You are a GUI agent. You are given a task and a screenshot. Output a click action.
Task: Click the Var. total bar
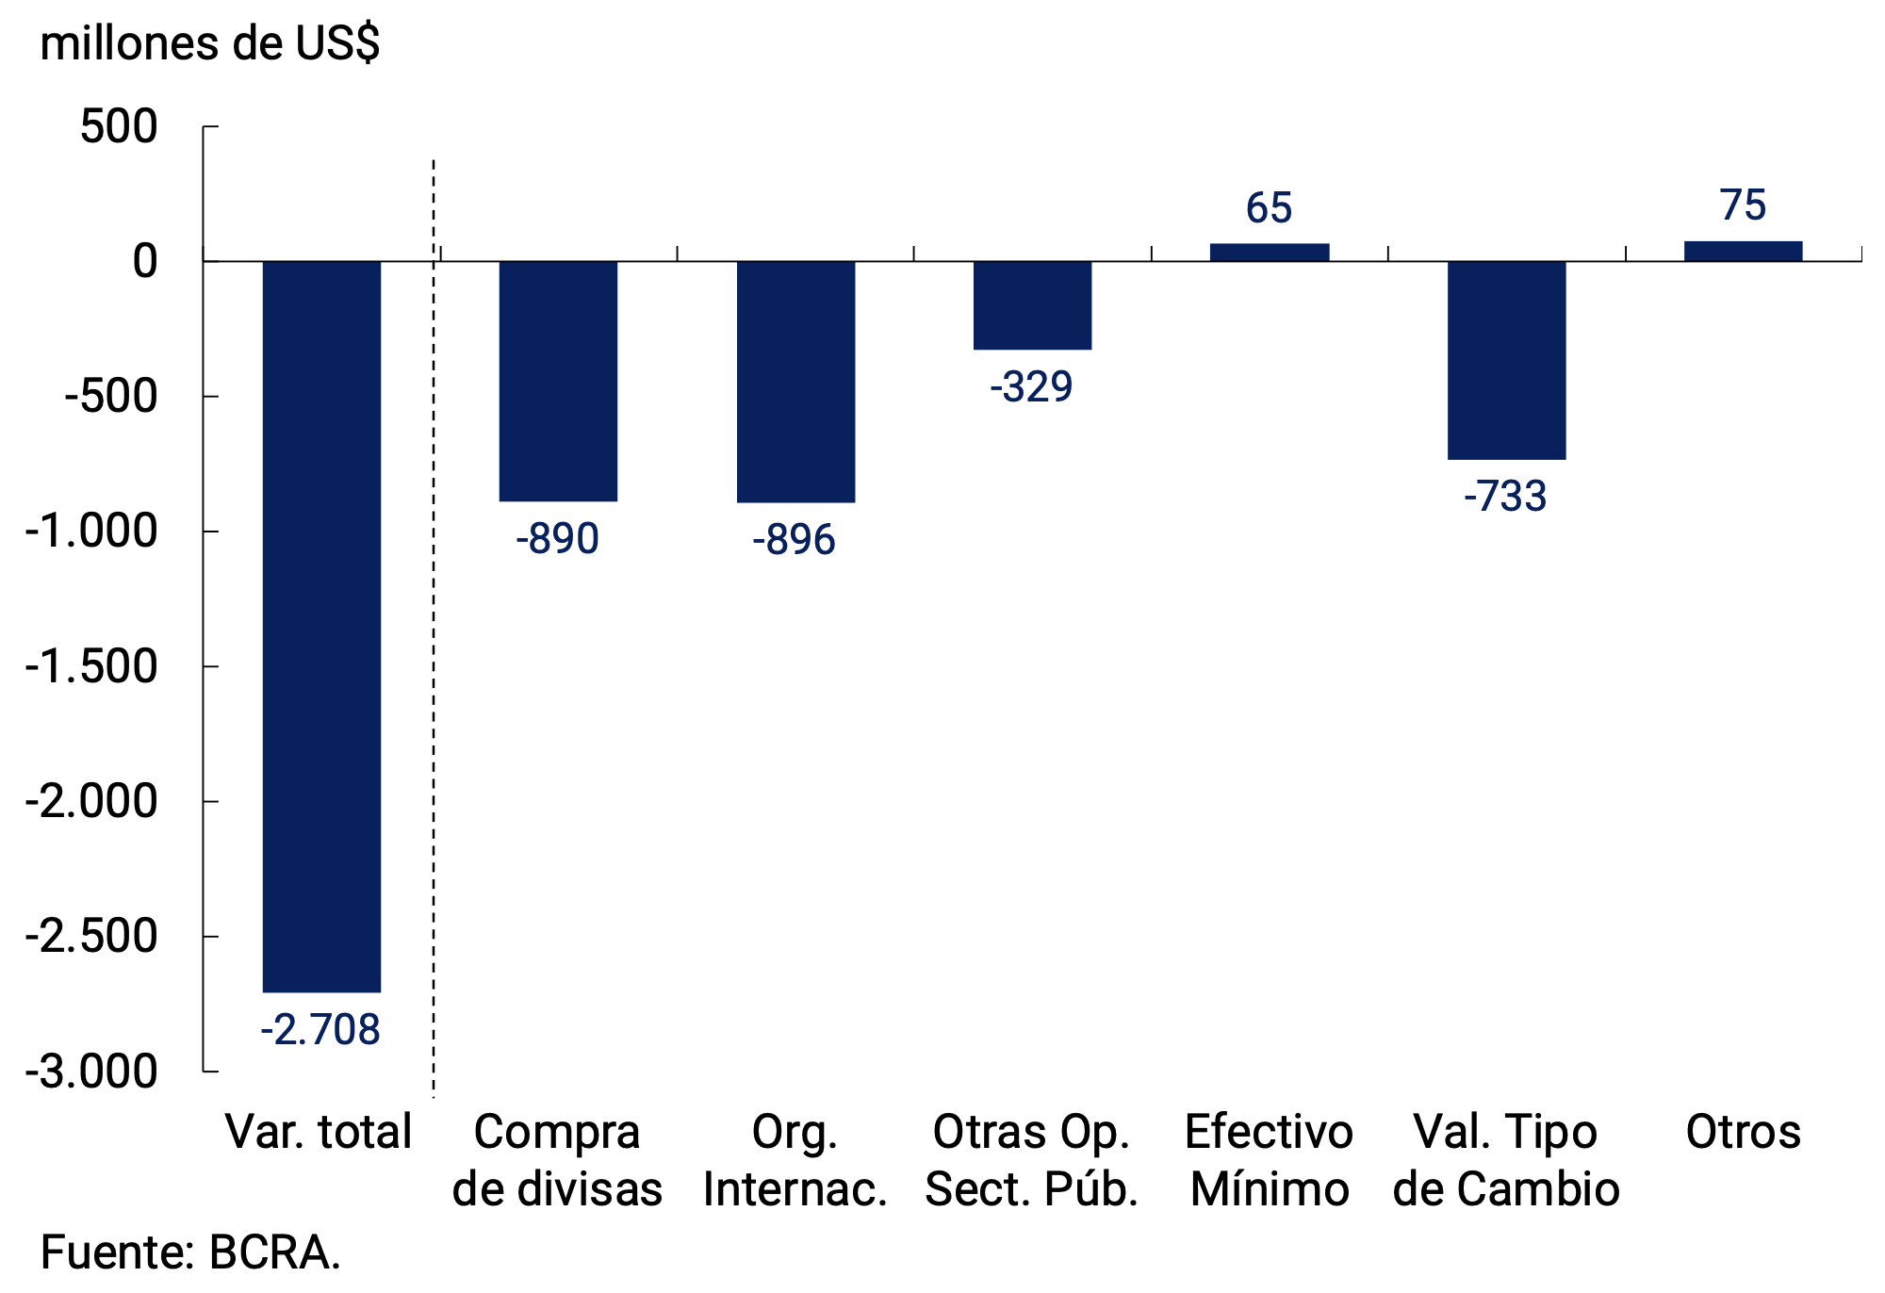[x=321, y=626]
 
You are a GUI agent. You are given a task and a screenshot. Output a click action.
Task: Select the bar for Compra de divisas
[x=558, y=381]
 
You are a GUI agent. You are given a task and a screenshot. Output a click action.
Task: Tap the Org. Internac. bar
[x=795, y=382]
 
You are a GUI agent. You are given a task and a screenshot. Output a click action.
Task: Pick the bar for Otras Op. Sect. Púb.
[x=1032, y=305]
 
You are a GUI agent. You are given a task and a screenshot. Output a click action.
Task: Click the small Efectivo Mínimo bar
[x=1270, y=252]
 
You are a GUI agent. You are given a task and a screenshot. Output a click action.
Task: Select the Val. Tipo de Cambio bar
[x=1506, y=360]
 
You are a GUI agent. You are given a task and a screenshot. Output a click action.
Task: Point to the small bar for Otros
[x=1743, y=251]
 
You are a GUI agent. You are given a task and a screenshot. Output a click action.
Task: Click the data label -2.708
[x=320, y=1029]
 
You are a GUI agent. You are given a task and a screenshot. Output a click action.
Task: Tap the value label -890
[x=557, y=539]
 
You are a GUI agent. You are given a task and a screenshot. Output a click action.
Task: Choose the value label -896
[x=794, y=540]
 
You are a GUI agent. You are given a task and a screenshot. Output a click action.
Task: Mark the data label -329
[x=1031, y=387]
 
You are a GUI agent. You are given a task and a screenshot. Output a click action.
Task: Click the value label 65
[x=1269, y=208]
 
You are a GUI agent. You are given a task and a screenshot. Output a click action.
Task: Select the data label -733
[x=1505, y=497]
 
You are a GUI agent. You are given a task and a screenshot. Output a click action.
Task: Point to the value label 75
[x=1743, y=205]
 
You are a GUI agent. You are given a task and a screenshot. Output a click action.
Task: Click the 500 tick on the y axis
[x=119, y=127]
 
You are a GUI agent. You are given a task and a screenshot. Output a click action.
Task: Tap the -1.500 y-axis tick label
[x=91, y=667]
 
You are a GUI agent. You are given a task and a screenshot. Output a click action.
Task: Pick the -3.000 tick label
[x=91, y=1072]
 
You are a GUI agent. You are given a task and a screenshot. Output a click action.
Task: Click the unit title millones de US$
[x=209, y=43]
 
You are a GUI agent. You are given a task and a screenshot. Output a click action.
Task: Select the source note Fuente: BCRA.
[x=190, y=1252]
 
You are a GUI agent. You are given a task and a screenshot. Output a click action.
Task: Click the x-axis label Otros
[x=1743, y=1132]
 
